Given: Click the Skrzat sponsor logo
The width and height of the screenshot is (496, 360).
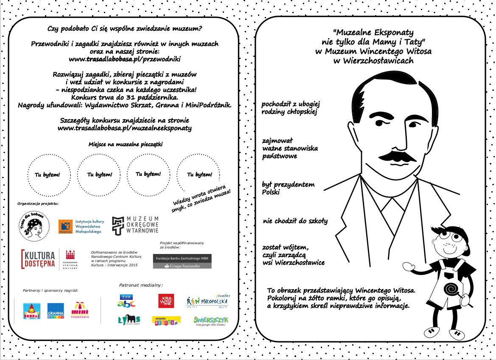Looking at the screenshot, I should point(32,311).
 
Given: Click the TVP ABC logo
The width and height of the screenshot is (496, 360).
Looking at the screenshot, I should point(126,300).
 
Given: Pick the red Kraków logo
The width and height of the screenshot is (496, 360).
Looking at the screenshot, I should point(166,301).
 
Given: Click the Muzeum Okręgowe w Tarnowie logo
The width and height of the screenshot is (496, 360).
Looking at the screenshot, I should point(135,225).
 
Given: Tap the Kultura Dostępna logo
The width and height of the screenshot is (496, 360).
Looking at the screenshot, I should point(38,259).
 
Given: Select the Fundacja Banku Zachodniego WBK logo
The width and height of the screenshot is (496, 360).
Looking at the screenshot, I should point(182,261).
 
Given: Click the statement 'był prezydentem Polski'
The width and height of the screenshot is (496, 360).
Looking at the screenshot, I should point(288,188).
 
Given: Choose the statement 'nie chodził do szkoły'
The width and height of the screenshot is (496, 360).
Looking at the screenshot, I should point(295,221).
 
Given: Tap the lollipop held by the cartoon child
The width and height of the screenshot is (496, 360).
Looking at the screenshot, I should point(450,290).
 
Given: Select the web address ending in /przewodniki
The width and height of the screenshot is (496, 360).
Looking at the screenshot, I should point(125,59).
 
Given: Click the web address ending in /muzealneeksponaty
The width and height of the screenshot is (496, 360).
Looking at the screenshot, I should point(124,128).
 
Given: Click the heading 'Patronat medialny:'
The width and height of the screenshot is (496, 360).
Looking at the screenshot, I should point(142,285).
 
